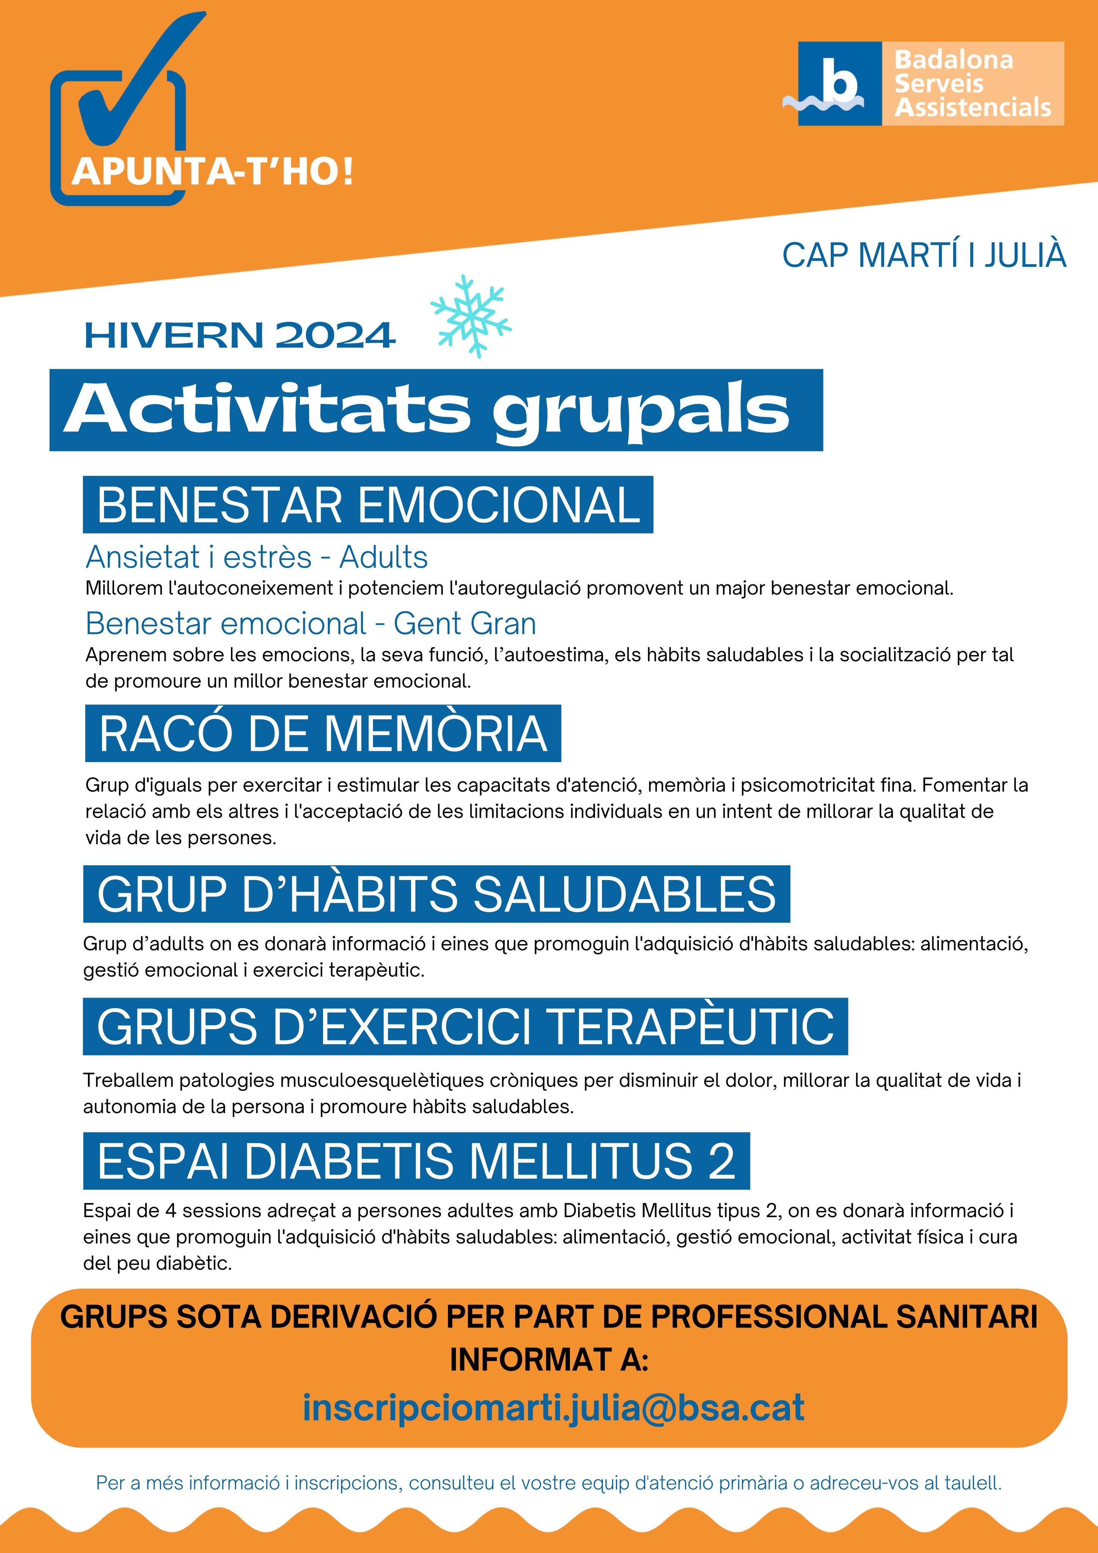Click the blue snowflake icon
pos(471,316)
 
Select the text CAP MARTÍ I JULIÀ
pos(924,256)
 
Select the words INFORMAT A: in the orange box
pos(549,1360)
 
